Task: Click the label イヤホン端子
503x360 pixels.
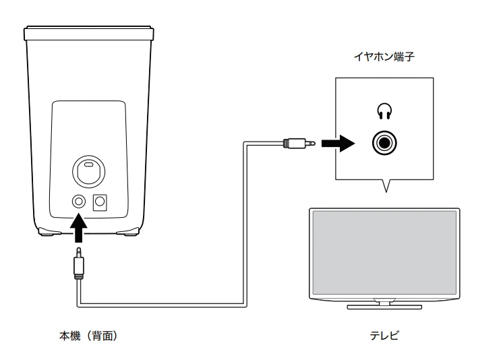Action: pyautogui.click(x=386, y=59)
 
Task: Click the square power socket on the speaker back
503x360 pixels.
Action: pyautogui.click(x=100, y=202)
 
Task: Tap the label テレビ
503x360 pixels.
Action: pyautogui.click(x=385, y=336)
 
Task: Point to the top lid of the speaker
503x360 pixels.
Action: pyautogui.click(x=89, y=31)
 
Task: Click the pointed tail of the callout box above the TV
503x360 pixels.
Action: pyautogui.click(x=385, y=186)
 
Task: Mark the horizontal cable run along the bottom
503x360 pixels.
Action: pyautogui.click(x=162, y=305)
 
